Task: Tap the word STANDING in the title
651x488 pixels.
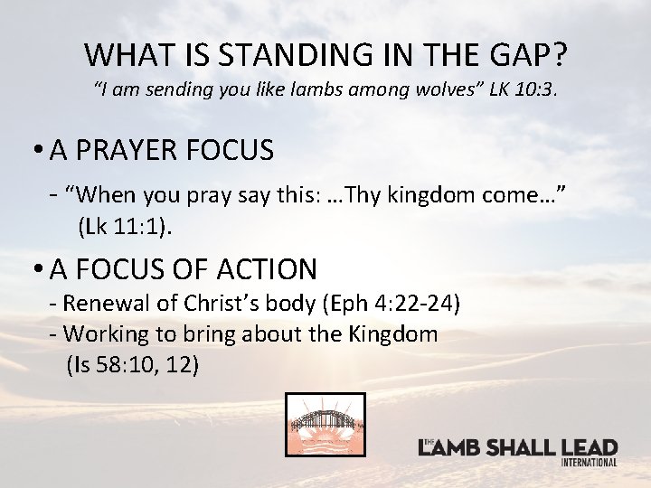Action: [274, 54]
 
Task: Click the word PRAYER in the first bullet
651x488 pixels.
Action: [134, 150]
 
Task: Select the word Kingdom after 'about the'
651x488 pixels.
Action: [393, 333]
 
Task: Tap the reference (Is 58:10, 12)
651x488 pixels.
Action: [134, 365]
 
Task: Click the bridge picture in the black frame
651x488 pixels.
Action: [325, 425]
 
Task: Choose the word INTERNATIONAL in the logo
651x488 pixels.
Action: [589, 463]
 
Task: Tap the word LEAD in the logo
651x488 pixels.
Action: [589, 448]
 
